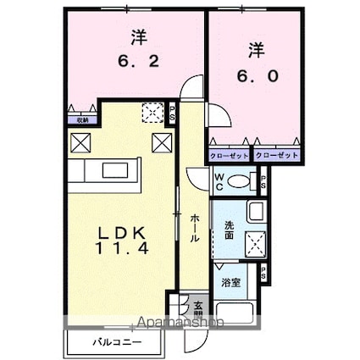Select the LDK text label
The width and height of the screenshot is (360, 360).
click(126, 232)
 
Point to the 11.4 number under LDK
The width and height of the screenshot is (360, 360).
click(126, 252)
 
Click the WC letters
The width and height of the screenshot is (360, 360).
click(219, 180)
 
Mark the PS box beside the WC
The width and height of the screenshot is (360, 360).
click(263, 180)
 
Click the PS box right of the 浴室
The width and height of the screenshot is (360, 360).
click(264, 273)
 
